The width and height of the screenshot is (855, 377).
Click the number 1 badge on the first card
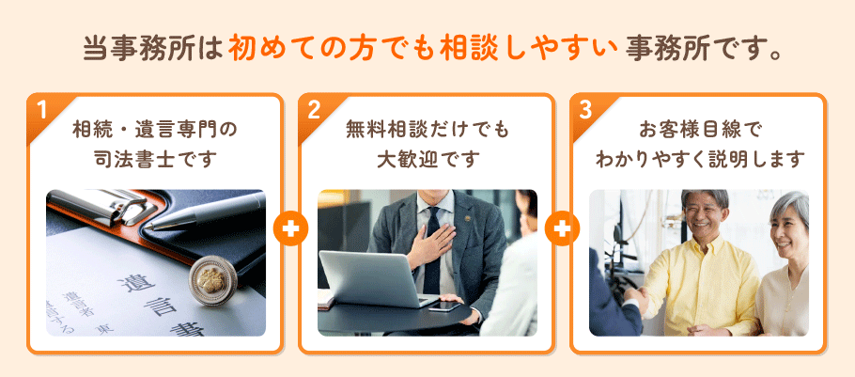coord(42,109)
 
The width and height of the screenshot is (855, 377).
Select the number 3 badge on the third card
coord(585,109)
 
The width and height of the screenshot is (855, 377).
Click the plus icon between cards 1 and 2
coord(290,228)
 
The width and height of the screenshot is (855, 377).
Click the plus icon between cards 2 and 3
coord(562,228)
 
